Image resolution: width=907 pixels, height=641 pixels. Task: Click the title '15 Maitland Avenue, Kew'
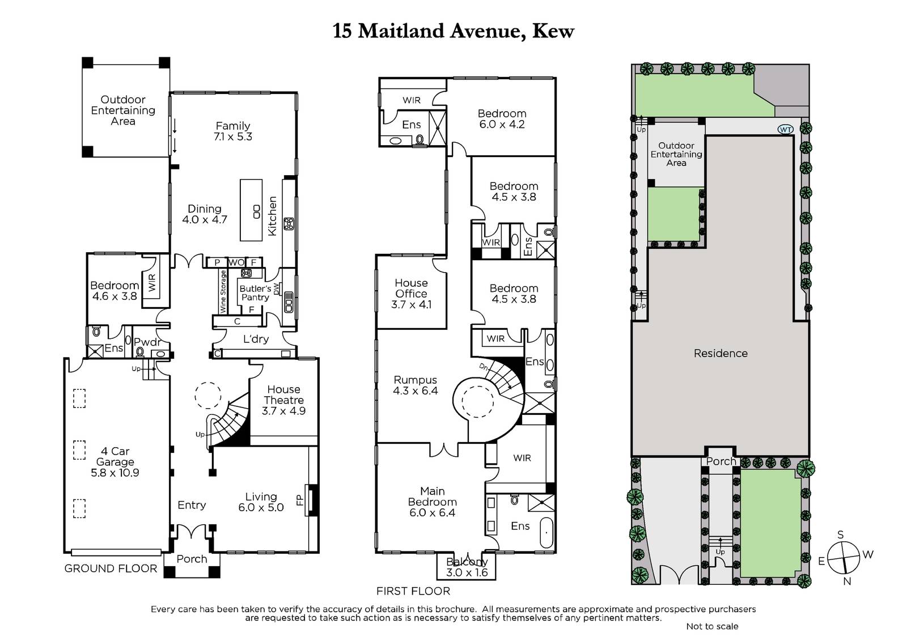coord(453,31)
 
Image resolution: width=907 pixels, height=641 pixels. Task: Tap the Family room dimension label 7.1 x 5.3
coord(233,137)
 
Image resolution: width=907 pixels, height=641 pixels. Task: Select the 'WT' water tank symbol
coord(786,130)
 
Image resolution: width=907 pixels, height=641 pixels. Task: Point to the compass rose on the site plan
coord(844,558)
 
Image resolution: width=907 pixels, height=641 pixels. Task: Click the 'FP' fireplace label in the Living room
coord(300,501)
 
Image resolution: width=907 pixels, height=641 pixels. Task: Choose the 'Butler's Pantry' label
coord(255,293)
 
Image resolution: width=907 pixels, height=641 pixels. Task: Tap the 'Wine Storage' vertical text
coord(223,291)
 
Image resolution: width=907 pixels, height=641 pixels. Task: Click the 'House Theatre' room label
coord(283,395)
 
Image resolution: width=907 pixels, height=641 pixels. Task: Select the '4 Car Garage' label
coord(115,456)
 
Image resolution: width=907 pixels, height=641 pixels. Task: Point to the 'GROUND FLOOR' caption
coord(111,568)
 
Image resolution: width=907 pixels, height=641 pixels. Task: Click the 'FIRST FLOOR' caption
coord(413,591)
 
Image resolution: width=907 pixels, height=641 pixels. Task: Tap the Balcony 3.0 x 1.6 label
coord(467,567)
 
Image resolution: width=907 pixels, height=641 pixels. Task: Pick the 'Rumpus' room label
coord(416,380)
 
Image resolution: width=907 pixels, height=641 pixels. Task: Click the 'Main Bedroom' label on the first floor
coord(433,496)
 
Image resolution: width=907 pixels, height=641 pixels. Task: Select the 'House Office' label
coord(411,288)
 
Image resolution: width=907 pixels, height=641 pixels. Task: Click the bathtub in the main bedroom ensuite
coord(546,533)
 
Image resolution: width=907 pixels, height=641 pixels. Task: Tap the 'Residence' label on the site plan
coord(720,353)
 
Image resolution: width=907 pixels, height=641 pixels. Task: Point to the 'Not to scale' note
coord(712,626)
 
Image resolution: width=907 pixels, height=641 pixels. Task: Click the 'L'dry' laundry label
coord(256,339)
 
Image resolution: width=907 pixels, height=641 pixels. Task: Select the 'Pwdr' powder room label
coord(147,342)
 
